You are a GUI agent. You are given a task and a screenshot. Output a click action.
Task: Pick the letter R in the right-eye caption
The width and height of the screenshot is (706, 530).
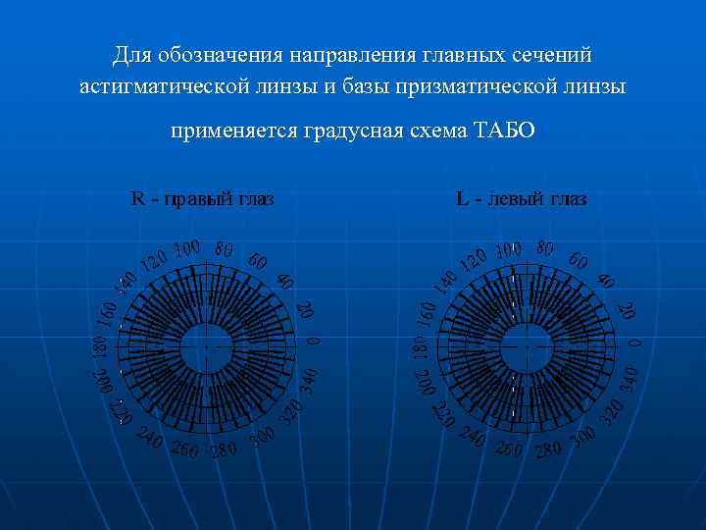(x=137, y=199)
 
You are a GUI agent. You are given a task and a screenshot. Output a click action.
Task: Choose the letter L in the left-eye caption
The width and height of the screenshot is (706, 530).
(x=462, y=199)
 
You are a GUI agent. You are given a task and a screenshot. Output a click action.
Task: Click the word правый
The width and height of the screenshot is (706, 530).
(x=194, y=199)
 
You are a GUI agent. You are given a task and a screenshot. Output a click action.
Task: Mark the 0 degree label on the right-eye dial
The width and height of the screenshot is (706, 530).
(x=313, y=342)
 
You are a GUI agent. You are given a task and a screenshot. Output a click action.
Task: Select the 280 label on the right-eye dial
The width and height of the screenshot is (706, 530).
(x=224, y=450)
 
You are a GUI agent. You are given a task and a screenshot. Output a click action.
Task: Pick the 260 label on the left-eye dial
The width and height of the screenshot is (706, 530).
(x=509, y=450)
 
